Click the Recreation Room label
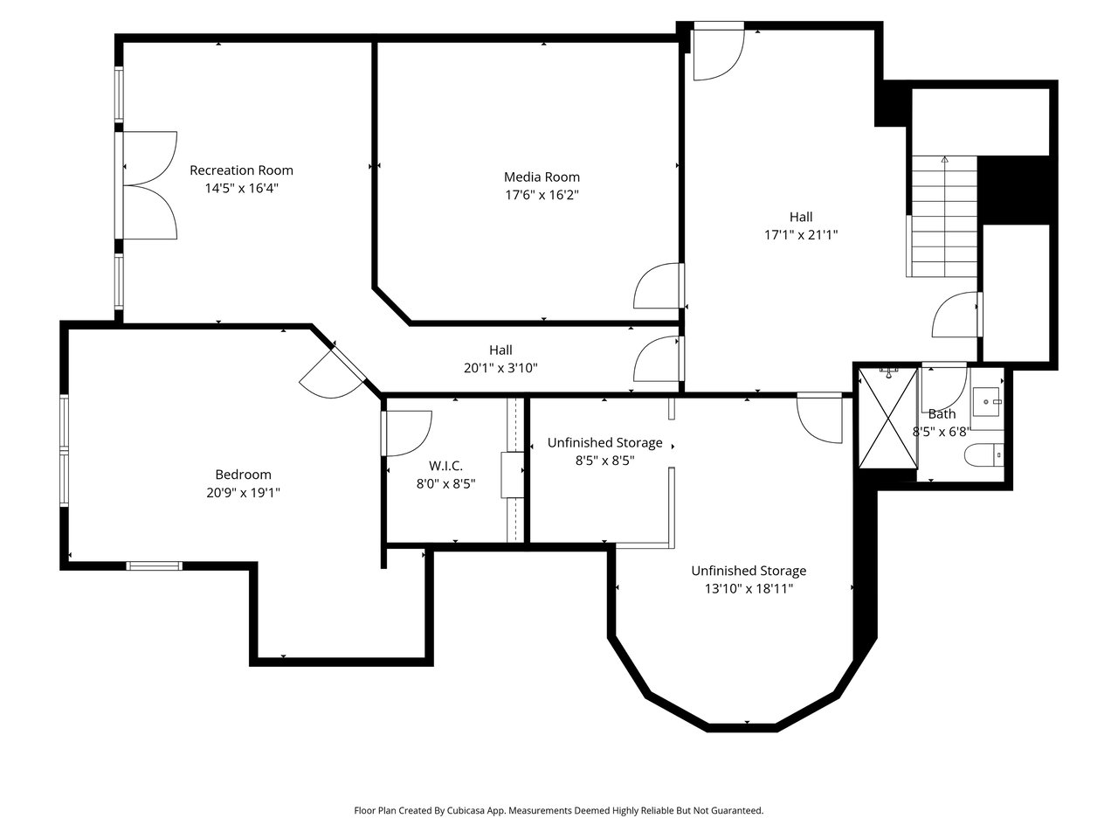pos(241,170)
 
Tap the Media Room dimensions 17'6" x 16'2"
pos(542,195)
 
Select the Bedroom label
pos(243,475)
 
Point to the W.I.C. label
pos(445,466)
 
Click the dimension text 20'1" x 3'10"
pos(500,368)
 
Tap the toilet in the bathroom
pos(983,454)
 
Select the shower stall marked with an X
pos(887,418)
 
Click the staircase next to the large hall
pos(944,216)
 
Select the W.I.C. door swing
pos(408,433)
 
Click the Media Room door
pos(658,286)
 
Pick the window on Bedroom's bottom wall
pos(155,565)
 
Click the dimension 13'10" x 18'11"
pos(749,589)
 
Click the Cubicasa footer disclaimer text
pos(559,810)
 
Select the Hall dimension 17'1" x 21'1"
pos(801,235)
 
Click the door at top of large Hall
pos(719,52)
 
